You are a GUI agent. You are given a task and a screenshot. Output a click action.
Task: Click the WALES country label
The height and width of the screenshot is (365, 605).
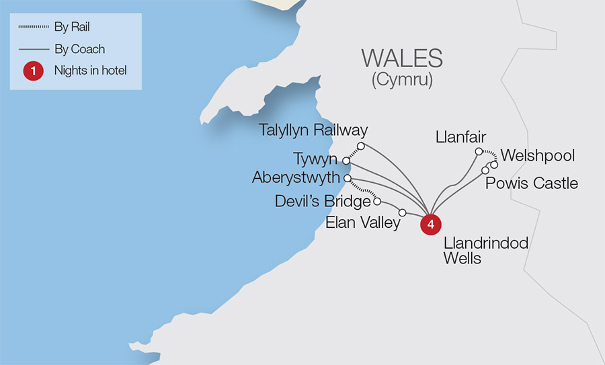coord(402,58)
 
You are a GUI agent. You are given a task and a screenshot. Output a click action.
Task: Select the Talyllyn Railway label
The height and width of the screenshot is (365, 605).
coord(314,130)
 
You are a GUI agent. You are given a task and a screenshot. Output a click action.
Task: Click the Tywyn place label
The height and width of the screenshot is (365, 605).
coord(316,160)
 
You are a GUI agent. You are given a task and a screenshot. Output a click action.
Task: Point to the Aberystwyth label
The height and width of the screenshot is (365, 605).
coord(296,178)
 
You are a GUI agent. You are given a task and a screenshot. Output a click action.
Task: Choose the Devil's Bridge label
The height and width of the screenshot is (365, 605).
coord(323,201)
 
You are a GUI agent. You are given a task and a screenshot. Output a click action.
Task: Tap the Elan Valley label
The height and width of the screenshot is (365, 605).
coord(363,222)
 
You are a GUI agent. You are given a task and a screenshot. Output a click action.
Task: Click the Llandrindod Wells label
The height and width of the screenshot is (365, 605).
coord(485,250)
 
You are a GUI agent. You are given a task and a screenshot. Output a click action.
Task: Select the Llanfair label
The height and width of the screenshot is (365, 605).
coord(460,138)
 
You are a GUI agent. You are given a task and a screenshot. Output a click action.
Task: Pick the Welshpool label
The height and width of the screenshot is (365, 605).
coord(538,156)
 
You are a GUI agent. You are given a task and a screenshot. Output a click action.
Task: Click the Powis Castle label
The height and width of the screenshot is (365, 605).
coord(532,183)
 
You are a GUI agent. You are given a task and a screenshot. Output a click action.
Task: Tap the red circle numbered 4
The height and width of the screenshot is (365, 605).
coord(430,225)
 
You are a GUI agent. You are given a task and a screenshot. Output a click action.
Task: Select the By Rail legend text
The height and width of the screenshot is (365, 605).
coord(72,28)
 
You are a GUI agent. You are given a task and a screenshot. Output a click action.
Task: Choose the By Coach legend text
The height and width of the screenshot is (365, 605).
coord(79,49)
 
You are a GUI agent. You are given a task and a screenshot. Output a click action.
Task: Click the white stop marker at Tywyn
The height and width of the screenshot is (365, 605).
coord(346,161)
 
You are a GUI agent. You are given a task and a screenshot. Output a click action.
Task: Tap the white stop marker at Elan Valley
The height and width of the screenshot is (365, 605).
coord(402,213)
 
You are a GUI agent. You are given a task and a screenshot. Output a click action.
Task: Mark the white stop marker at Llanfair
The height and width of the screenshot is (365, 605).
coord(479,152)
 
